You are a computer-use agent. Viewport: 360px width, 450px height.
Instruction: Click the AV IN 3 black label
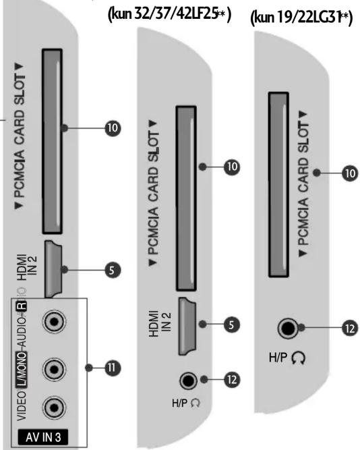(x=43, y=437)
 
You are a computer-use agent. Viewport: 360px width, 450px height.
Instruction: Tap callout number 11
(x=113, y=368)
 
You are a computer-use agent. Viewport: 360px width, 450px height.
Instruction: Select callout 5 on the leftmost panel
(x=113, y=270)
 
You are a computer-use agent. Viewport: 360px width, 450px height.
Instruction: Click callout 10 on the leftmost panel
(x=113, y=128)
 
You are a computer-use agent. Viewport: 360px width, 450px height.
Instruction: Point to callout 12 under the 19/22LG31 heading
(x=350, y=329)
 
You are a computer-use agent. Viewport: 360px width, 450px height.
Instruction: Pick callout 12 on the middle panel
(x=232, y=379)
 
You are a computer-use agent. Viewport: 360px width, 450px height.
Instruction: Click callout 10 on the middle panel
(x=232, y=167)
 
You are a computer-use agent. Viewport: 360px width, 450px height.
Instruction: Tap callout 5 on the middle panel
(x=232, y=325)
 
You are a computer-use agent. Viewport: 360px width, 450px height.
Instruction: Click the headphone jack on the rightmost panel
(x=289, y=329)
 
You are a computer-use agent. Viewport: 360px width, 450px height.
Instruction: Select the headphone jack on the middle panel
(x=188, y=381)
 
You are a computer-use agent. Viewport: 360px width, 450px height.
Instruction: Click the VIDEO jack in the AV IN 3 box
(x=54, y=407)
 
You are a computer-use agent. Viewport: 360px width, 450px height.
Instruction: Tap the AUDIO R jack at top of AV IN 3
(x=54, y=321)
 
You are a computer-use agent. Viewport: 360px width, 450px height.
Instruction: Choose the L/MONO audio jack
(x=54, y=369)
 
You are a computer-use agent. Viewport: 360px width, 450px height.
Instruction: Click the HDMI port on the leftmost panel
(x=53, y=269)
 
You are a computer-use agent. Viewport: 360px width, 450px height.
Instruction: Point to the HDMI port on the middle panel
(x=187, y=327)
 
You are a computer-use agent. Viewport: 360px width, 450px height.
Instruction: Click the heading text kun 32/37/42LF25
(x=169, y=14)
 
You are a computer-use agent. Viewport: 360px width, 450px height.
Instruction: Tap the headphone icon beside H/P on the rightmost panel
(x=299, y=358)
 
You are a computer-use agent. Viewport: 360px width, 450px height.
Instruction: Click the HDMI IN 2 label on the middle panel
(x=160, y=324)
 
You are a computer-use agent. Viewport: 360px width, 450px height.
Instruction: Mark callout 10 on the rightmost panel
(x=350, y=173)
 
